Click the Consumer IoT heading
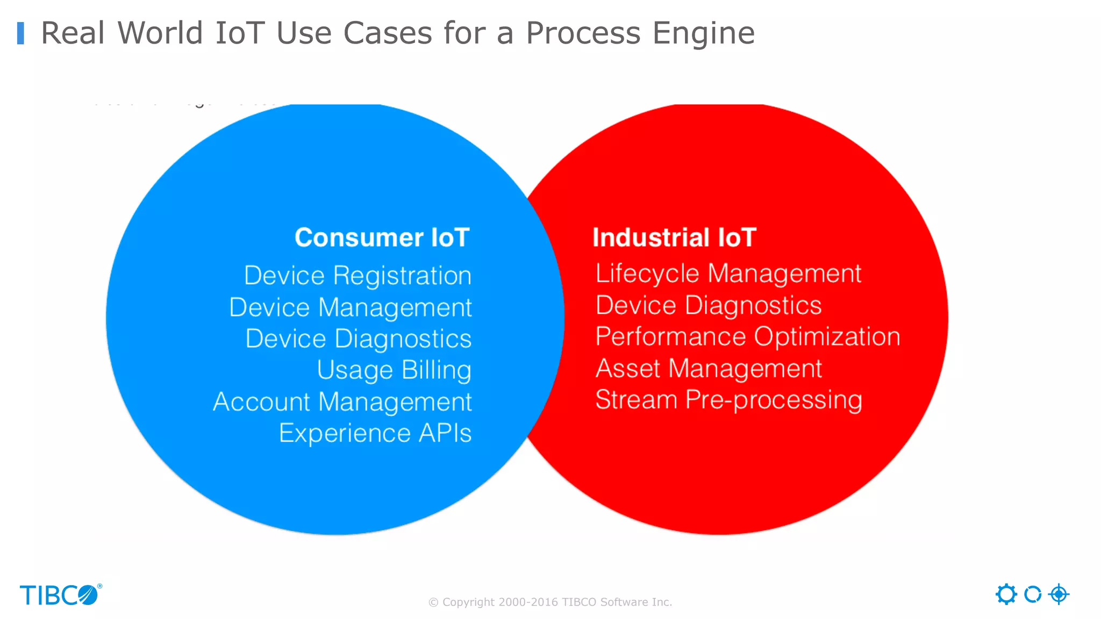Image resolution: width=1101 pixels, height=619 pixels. click(382, 237)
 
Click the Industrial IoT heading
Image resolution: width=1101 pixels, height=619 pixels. click(674, 237)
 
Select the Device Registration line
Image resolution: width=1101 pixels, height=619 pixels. click(358, 276)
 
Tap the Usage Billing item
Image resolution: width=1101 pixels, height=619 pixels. click(394, 370)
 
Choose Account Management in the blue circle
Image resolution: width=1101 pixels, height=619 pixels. click(342, 402)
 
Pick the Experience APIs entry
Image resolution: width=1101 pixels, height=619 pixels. click(375, 433)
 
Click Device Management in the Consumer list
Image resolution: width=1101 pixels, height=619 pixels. click(350, 307)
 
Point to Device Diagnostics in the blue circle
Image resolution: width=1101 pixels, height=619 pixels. click(358, 339)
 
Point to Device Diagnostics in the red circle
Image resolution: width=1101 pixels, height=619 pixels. click(708, 305)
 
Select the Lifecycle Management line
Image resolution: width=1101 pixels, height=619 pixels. click(728, 273)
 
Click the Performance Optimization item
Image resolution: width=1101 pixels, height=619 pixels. click(747, 337)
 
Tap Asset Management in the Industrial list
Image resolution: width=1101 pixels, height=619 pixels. click(708, 369)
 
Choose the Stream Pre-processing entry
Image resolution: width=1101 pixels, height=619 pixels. click(728, 400)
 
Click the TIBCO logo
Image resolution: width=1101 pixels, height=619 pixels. click(60, 595)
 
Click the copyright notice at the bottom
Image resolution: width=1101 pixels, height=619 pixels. click(550, 602)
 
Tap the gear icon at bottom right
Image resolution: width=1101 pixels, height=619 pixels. click(1006, 594)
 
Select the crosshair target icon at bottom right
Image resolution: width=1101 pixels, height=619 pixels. click(1059, 594)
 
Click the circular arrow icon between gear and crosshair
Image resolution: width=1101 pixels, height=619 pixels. click(1032, 594)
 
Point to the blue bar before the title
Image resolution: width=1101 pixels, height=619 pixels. click(20, 33)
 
